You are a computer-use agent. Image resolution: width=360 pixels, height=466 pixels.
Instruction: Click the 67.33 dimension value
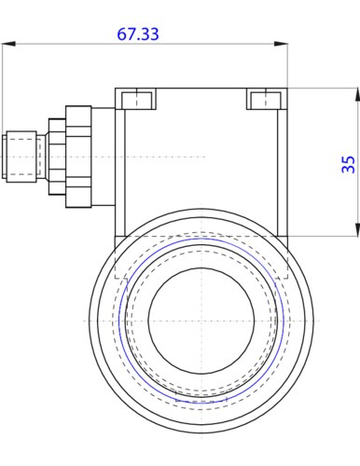138,34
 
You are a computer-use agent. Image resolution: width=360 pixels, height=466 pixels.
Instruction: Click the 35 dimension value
349,164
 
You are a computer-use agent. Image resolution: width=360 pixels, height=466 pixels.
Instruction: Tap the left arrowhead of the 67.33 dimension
8,44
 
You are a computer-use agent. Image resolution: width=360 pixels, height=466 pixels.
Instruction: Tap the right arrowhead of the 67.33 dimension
281,44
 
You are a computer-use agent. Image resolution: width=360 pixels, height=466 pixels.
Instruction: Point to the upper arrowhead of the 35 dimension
357,94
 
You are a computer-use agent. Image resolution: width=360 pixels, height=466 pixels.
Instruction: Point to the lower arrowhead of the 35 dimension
357,229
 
